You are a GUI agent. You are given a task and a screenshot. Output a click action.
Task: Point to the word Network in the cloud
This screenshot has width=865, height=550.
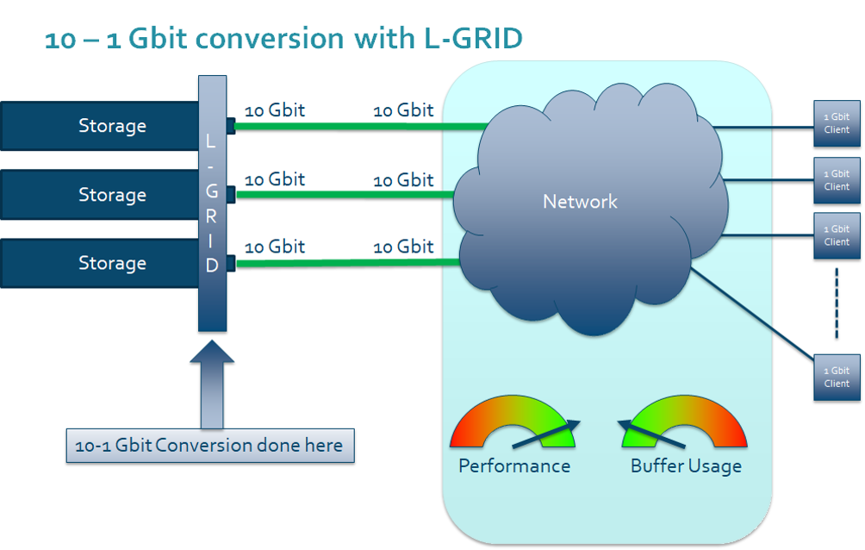[x=580, y=202]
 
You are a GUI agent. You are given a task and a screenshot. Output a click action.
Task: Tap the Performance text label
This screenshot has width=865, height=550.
[x=514, y=466]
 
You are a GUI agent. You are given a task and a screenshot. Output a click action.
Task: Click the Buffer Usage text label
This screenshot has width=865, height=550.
[x=686, y=466]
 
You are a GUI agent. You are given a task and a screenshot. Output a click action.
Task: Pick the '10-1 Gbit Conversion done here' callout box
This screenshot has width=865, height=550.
[x=210, y=446]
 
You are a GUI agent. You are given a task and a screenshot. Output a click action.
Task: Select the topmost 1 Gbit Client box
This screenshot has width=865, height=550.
[x=837, y=123]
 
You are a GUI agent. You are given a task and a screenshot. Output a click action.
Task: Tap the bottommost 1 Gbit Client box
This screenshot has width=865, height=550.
[x=837, y=378]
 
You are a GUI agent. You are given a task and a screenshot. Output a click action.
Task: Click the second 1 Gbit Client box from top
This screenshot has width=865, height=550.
[x=837, y=180]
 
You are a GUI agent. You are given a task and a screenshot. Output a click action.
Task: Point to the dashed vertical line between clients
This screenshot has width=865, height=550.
[x=836, y=304]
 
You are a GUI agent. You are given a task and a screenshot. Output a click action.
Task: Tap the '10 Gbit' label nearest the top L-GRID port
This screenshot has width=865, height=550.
[x=275, y=110]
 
